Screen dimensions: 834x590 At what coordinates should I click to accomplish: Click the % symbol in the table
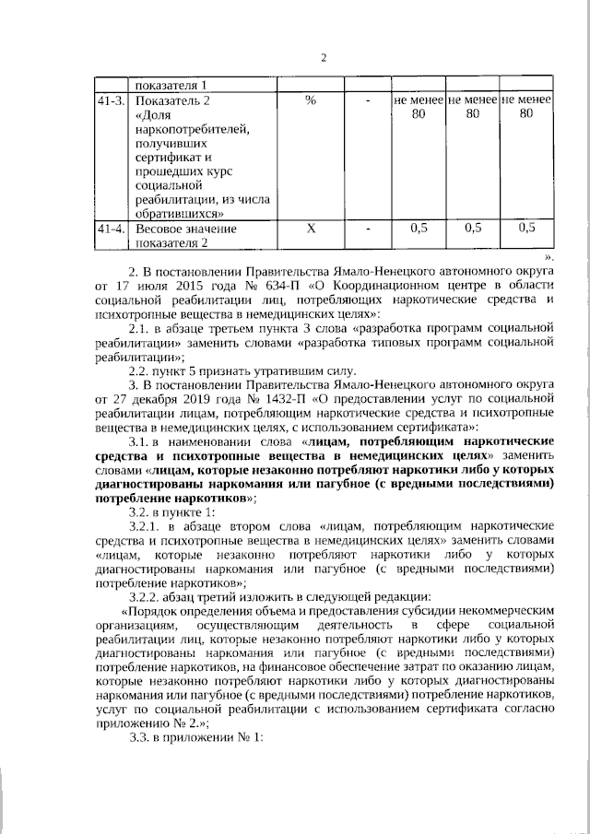pyautogui.click(x=310, y=100)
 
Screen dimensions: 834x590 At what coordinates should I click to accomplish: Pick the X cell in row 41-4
pyautogui.click(x=310, y=229)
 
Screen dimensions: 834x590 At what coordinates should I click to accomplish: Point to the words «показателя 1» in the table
pyautogui.click(x=172, y=84)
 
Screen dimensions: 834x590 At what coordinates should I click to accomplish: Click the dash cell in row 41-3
pyautogui.click(x=367, y=100)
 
